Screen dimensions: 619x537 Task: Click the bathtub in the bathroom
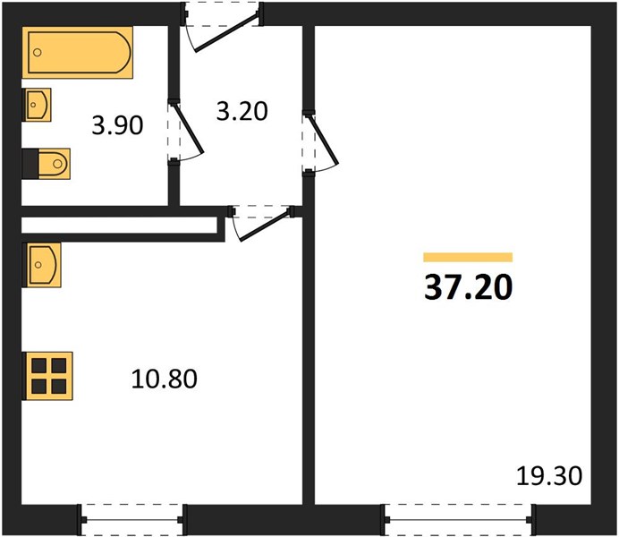(77, 53)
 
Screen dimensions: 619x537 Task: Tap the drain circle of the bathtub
(38, 53)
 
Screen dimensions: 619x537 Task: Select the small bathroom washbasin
(37, 105)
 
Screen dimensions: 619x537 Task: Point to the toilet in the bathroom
(47, 164)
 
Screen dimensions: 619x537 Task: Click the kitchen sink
(41, 265)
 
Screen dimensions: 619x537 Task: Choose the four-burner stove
(47, 376)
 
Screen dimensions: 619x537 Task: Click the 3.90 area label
(117, 126)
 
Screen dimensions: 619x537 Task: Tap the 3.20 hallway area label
(242, 111)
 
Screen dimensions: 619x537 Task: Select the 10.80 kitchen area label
(165, 379)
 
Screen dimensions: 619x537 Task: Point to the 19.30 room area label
(549, 476)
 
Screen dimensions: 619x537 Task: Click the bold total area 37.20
(468, 288)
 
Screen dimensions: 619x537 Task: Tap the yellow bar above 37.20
(468, 258)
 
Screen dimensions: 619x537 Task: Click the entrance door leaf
(228, 32)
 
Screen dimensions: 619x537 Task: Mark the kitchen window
(132, 520)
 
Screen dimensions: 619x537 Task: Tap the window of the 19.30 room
(458, 520)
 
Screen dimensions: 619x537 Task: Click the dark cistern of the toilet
(30, 164)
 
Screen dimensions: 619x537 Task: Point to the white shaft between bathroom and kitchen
(120, 225)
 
